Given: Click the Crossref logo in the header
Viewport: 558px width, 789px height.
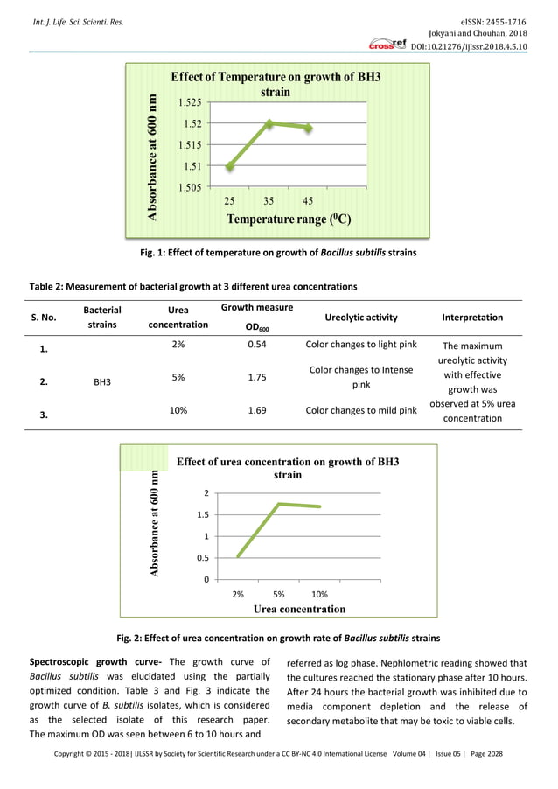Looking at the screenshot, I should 387,44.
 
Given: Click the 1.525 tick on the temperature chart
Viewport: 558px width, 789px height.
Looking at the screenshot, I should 192,102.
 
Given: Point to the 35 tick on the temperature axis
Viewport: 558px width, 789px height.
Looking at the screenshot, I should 269,200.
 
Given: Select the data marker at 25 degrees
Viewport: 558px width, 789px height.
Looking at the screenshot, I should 230,165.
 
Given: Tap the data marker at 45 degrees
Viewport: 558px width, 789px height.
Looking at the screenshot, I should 308,128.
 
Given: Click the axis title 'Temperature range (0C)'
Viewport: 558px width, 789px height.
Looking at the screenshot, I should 289,219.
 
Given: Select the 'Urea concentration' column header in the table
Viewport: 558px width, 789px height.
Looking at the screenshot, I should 178,317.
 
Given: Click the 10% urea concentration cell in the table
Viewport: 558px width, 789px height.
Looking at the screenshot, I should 178,408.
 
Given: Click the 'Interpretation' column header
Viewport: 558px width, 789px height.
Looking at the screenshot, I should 472,318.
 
